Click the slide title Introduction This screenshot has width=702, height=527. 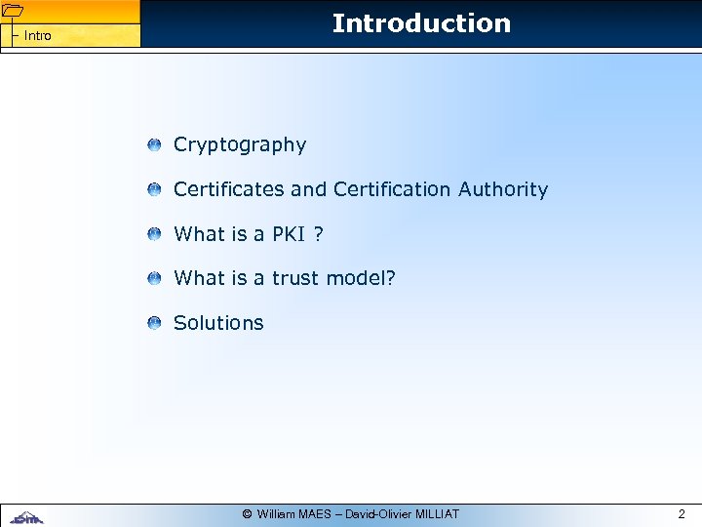[x=421, y=23]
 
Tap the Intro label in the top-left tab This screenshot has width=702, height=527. [x=38, y=36]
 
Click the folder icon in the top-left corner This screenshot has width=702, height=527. [x=12, y=11]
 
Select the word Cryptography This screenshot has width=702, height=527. [x=240, y=145]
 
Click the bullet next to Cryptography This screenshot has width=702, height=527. [x=155, y=145]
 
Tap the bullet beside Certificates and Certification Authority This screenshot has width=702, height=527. [x=155, y=190]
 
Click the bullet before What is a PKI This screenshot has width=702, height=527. [x=155, y=235]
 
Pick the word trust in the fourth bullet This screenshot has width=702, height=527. [x=295, y=279]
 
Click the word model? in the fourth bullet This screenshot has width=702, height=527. [x=361, y=279]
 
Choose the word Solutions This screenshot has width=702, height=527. [x=218, y=323]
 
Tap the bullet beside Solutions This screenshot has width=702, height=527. [x=155, y=324]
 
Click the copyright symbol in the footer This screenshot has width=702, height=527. [x=248, y=514]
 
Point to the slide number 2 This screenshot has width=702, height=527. [x=682, y=513]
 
